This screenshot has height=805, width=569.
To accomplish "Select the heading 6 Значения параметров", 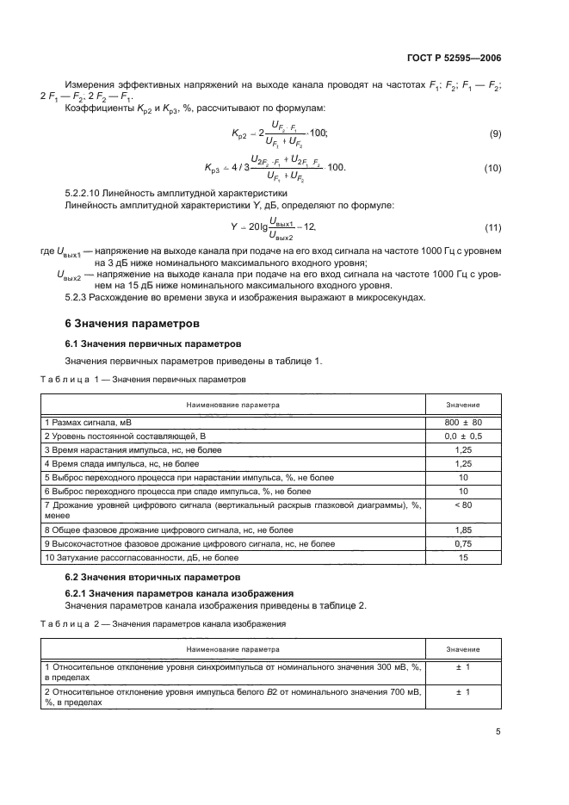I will coord(133,325).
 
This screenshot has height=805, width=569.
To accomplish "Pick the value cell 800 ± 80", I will coord(463,423).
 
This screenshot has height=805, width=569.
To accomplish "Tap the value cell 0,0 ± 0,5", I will coord(463,437).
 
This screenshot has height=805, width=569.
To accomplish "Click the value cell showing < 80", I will coord(463,505).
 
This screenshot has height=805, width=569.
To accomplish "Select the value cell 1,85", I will coord(463,530).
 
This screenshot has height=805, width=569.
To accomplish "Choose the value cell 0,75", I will coord(463,544).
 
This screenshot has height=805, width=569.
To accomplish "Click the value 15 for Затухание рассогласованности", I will coord(463,558).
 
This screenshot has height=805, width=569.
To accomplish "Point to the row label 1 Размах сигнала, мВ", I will coord(89,423).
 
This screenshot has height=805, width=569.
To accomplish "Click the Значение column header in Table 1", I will coord(463,404).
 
